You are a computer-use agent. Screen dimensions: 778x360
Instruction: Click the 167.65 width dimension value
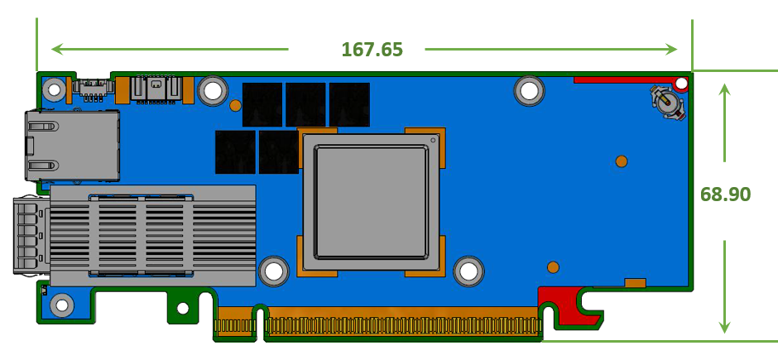[372, 50]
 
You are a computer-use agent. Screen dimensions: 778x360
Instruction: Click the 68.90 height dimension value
[725, 194]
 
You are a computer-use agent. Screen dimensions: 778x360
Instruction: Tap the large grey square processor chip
[371, 202]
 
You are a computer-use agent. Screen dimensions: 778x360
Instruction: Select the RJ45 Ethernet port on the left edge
[73, 145]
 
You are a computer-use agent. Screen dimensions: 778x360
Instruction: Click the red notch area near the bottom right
[569, 305]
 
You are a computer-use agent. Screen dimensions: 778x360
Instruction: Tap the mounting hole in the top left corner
[54, 89]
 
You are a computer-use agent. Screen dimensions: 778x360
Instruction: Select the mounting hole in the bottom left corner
[62, 305]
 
